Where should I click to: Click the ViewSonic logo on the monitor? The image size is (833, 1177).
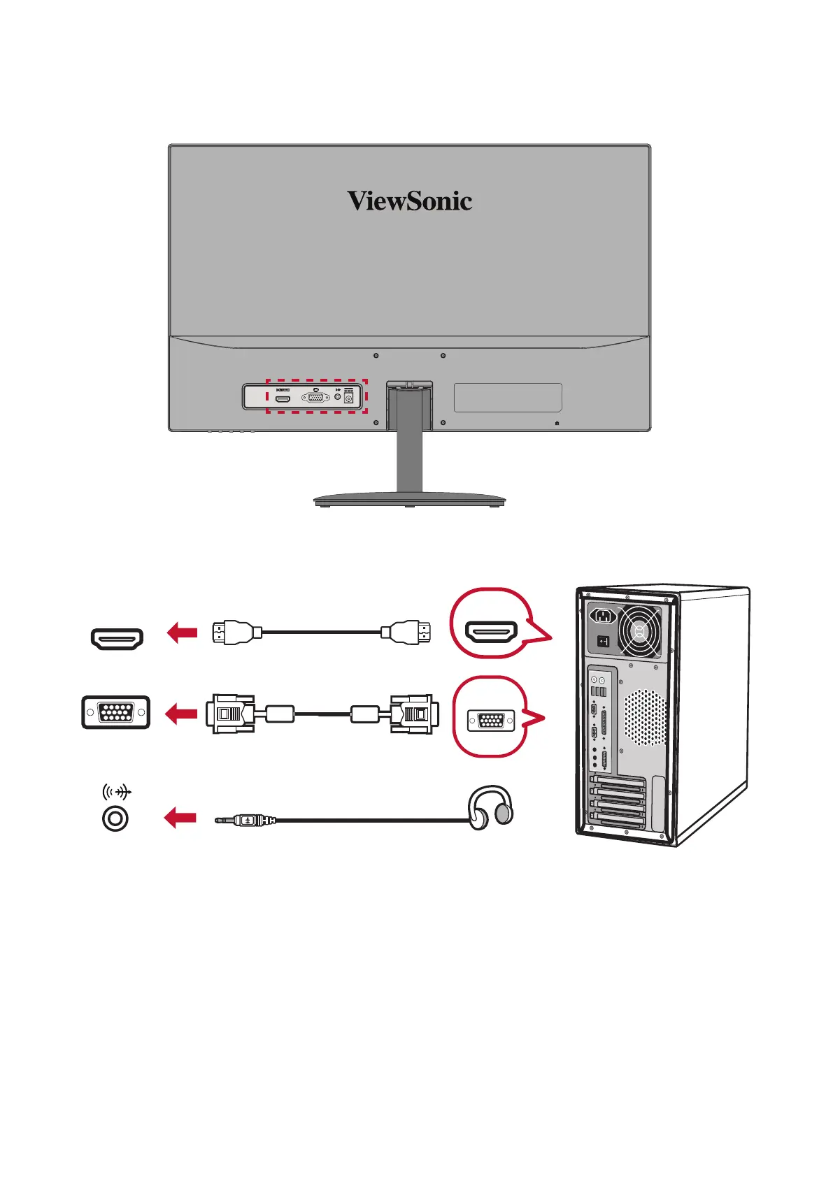(x=409, y=201)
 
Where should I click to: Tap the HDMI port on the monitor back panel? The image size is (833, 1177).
(x=283, y=398)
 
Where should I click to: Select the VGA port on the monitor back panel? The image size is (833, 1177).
(x=315, y=398)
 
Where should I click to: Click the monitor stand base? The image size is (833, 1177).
(x=409, y=500)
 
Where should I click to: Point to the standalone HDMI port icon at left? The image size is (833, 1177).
(x=117, y=638)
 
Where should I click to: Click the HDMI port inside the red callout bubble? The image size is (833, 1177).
(x=492, y=633)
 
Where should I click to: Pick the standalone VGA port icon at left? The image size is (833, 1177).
(x=116, y=712)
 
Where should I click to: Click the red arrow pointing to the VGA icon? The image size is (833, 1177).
(x=181, y=714)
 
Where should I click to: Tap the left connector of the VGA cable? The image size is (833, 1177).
(x=230, y=714)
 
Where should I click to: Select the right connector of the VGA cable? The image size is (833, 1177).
(x=415, y=714)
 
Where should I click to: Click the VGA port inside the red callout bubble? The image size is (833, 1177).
(x=490, y=719)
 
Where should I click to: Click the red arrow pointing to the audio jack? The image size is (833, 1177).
(x=180, y=817)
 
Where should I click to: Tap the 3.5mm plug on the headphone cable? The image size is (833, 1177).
(x=245, y=820)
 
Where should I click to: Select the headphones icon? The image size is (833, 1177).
(x=491, y=808)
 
